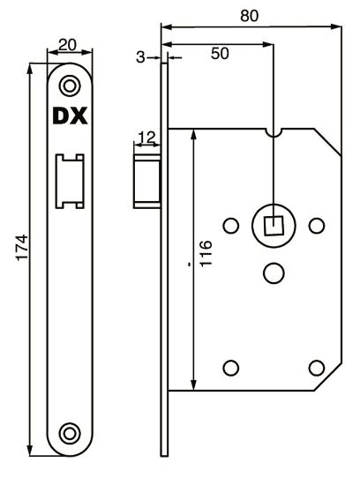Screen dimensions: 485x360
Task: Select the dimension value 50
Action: (220, 54)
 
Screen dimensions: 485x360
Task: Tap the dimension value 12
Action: (146, 137)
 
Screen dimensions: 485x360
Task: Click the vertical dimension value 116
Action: (206, 257)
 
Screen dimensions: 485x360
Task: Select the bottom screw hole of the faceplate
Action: (68, 432)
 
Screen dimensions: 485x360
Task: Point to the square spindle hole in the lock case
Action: (274, 225)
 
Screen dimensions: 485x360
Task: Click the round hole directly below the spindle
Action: (274, 273)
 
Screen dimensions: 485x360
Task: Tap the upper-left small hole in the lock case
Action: (230, 225)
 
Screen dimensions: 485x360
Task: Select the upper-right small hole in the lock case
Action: (316, 225)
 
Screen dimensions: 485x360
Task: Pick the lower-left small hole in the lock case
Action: (231, 367)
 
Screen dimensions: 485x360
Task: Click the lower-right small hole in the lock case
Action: (316, 367)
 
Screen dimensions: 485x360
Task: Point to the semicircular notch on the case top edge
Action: (274, 132)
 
